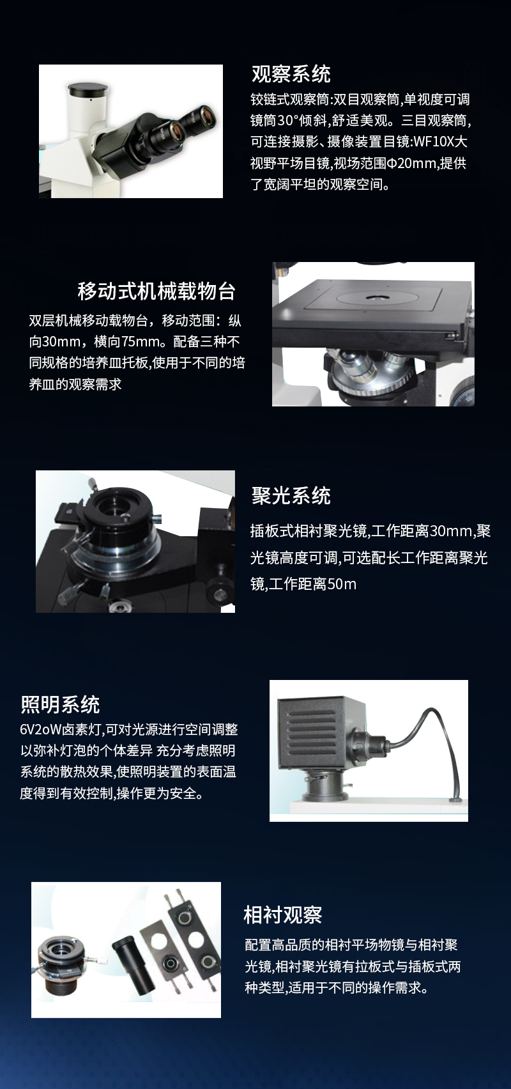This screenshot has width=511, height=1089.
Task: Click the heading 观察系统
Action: (291, 74)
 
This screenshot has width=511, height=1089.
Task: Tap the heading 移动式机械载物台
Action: (156, 291)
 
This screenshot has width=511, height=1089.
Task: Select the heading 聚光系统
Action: (291, 496)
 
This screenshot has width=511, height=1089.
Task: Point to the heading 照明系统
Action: (60, 704)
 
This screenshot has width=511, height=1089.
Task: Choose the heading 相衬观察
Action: (283, 915)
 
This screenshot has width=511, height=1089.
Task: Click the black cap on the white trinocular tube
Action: (88, 89)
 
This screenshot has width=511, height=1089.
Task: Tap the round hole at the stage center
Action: (375, 296)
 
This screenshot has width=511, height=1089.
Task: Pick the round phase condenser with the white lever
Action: (62, 964)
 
